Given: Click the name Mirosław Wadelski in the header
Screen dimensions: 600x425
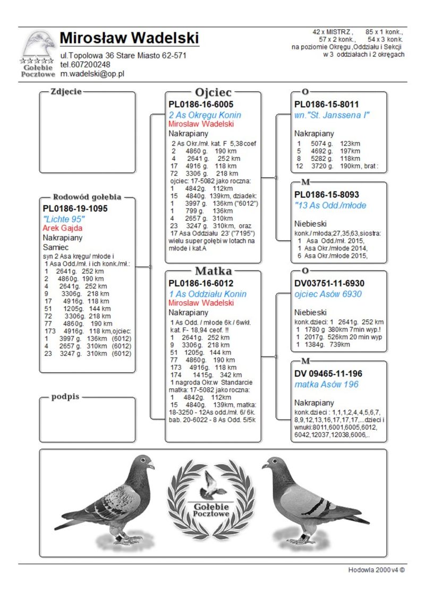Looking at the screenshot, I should click(129, 38).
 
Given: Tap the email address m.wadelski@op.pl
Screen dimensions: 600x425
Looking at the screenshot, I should click(92, 74).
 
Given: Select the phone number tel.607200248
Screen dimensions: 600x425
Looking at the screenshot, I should click(85, 64).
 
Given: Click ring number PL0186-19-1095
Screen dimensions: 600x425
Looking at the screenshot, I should click(75, 208).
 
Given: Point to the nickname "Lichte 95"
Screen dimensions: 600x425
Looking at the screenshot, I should click(64, 219).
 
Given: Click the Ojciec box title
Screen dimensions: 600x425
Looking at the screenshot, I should click(213, 92).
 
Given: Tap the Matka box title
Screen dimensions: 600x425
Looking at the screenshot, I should click(213, 271).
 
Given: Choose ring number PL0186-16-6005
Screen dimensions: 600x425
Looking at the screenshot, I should click(201, 105).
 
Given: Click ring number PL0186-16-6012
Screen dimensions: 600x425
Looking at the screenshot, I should click(201, 283).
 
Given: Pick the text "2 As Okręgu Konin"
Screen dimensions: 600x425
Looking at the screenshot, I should click(205, 115).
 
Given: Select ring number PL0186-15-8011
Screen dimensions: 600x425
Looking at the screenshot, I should click(327, 105).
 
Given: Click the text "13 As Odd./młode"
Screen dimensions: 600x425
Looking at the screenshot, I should click(330, 205).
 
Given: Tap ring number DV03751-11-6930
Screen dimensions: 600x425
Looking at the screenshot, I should click(329, 283).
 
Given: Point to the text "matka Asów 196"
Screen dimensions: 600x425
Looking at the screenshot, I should click(326, 384).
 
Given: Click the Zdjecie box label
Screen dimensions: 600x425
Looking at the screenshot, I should click(66, 91).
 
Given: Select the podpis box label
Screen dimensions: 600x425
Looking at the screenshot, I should click(65, 397).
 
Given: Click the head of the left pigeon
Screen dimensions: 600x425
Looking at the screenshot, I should click(144, 463).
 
